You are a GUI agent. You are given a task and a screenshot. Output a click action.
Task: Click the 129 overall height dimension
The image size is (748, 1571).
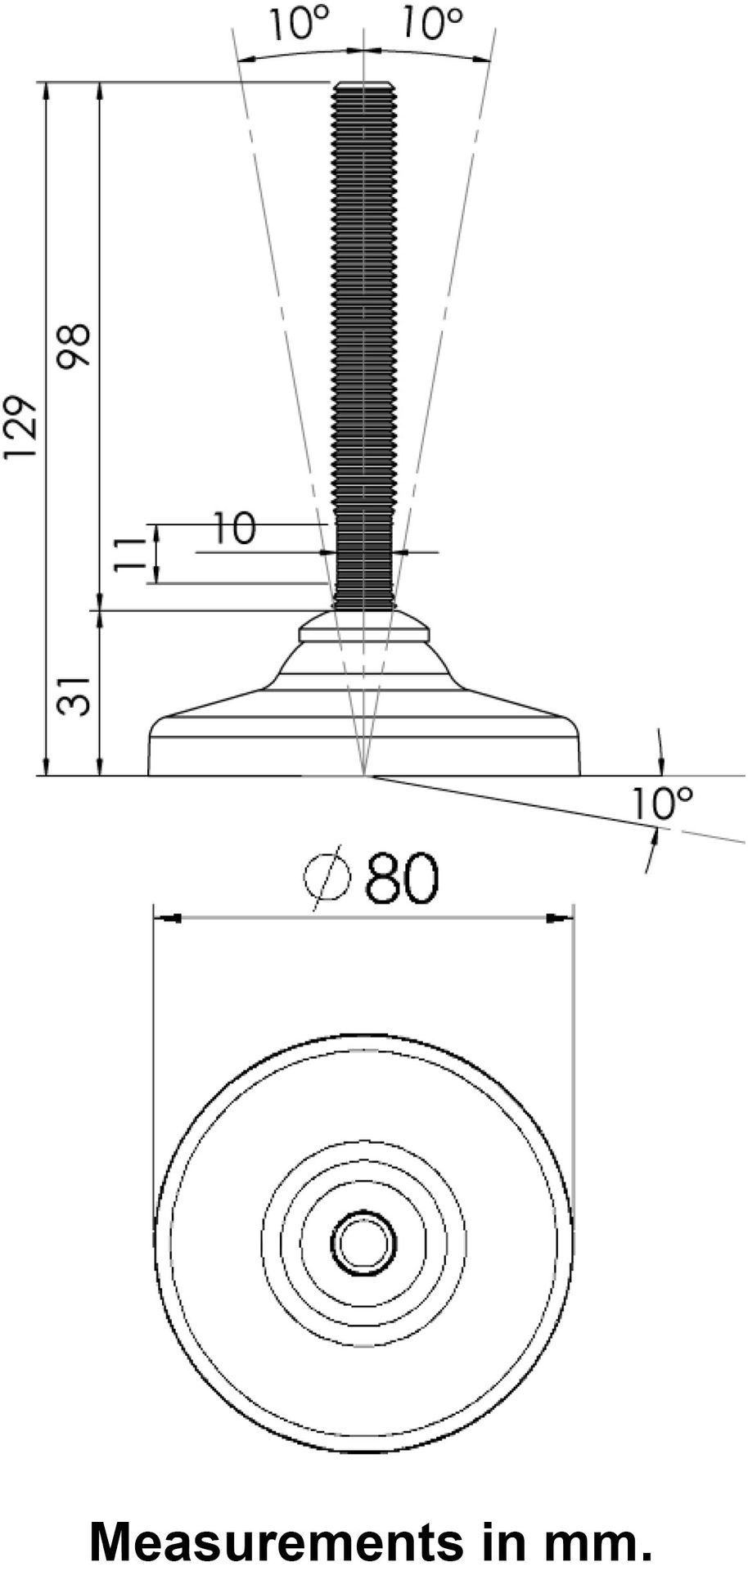20,428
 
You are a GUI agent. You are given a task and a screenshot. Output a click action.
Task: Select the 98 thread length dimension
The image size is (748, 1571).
76,346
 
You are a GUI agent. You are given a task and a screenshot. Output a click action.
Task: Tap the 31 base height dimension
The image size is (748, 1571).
74,695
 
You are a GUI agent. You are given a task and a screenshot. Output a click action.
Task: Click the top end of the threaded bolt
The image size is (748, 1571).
364,85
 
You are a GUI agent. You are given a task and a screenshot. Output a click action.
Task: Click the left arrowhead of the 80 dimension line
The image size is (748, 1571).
168,919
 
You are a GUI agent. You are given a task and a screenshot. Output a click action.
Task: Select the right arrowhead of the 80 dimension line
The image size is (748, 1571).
561,919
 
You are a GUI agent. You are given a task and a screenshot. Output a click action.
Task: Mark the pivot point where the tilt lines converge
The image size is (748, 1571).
364,774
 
